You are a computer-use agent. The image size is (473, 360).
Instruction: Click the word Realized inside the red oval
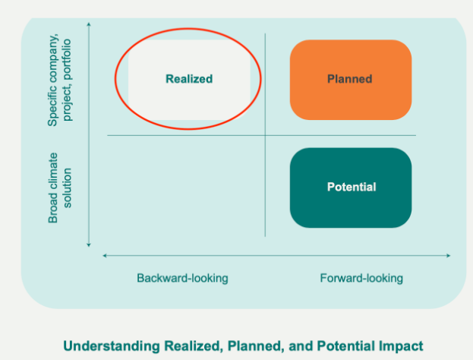[x=189, y=78]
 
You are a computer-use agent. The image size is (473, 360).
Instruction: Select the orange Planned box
[x=350, y=79]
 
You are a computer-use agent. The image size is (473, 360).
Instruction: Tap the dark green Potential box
[x=351, y=187]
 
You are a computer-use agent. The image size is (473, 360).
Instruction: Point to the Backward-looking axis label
[x=182, y=278]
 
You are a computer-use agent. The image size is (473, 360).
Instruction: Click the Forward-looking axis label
[x=361, y=278]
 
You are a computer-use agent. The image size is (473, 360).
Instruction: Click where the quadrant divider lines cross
[x=265, y=135]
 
